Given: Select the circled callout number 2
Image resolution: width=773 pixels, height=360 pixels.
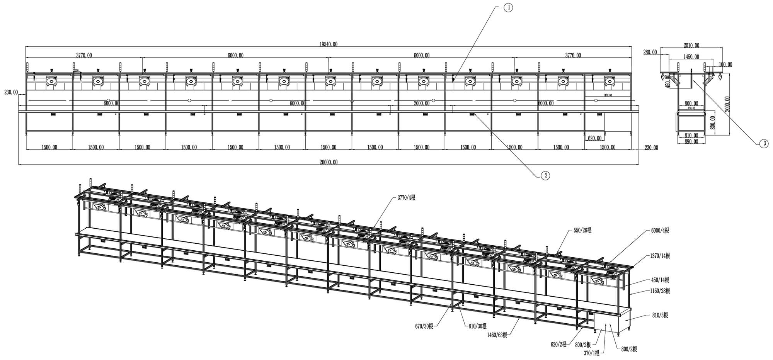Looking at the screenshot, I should (545, 175).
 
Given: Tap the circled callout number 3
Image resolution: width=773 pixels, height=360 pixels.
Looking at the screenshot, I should (763, 144).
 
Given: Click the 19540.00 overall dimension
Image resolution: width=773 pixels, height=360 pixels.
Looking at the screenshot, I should (329, 44).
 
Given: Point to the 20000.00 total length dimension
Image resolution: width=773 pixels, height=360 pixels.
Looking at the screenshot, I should (329, 162).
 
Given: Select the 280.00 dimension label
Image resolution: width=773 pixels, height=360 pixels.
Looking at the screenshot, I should (650, 52).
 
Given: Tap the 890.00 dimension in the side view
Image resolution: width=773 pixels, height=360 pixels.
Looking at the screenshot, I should (691, 141).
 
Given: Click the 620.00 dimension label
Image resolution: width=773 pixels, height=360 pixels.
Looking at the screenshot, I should (594, 138).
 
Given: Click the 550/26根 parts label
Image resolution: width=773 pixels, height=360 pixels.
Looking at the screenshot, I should (582, 231).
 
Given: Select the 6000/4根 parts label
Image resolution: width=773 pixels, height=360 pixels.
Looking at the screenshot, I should (660, 231).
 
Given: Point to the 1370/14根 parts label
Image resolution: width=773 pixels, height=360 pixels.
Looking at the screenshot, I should (660, 256).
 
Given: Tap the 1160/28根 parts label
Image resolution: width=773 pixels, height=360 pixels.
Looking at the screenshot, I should (660, 291).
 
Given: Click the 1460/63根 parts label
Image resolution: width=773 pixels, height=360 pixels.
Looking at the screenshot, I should (497, 335).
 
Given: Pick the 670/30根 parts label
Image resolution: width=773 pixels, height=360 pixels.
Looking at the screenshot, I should (424, 326).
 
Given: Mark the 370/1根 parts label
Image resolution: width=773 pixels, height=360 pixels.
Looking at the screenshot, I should (592, 353).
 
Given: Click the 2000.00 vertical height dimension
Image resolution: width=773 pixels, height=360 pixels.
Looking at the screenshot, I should (728, 104).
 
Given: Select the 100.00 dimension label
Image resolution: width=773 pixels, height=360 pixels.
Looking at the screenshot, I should (725, 65).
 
